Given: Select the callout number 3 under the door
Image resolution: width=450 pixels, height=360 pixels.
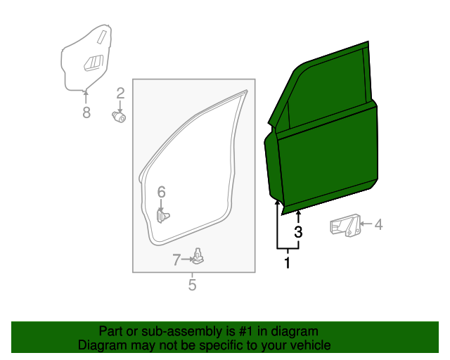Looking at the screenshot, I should pos(298,232).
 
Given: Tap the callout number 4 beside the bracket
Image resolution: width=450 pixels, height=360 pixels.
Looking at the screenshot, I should pos(378,225).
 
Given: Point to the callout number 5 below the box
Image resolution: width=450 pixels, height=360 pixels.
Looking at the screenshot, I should pos(192,285).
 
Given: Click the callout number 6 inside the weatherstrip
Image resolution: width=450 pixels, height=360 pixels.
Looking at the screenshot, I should pos(161,192).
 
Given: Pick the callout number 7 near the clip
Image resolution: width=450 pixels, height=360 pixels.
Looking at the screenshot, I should pos(176,259).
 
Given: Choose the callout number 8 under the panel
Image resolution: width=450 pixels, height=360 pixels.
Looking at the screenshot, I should pos(86,112).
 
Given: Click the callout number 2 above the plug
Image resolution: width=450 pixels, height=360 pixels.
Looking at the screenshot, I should pos(120,93).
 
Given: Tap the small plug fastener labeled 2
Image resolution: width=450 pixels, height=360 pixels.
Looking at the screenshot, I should pos(119,117).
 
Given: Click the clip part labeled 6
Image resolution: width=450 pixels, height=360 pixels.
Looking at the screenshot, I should pos(163,214).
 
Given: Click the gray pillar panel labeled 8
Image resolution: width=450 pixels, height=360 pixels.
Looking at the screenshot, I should pos(84,60).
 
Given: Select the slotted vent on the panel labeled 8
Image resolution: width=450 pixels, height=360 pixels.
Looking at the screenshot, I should pos(94,63).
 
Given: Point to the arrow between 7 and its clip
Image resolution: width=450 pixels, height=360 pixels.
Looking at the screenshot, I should pos(188,259).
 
